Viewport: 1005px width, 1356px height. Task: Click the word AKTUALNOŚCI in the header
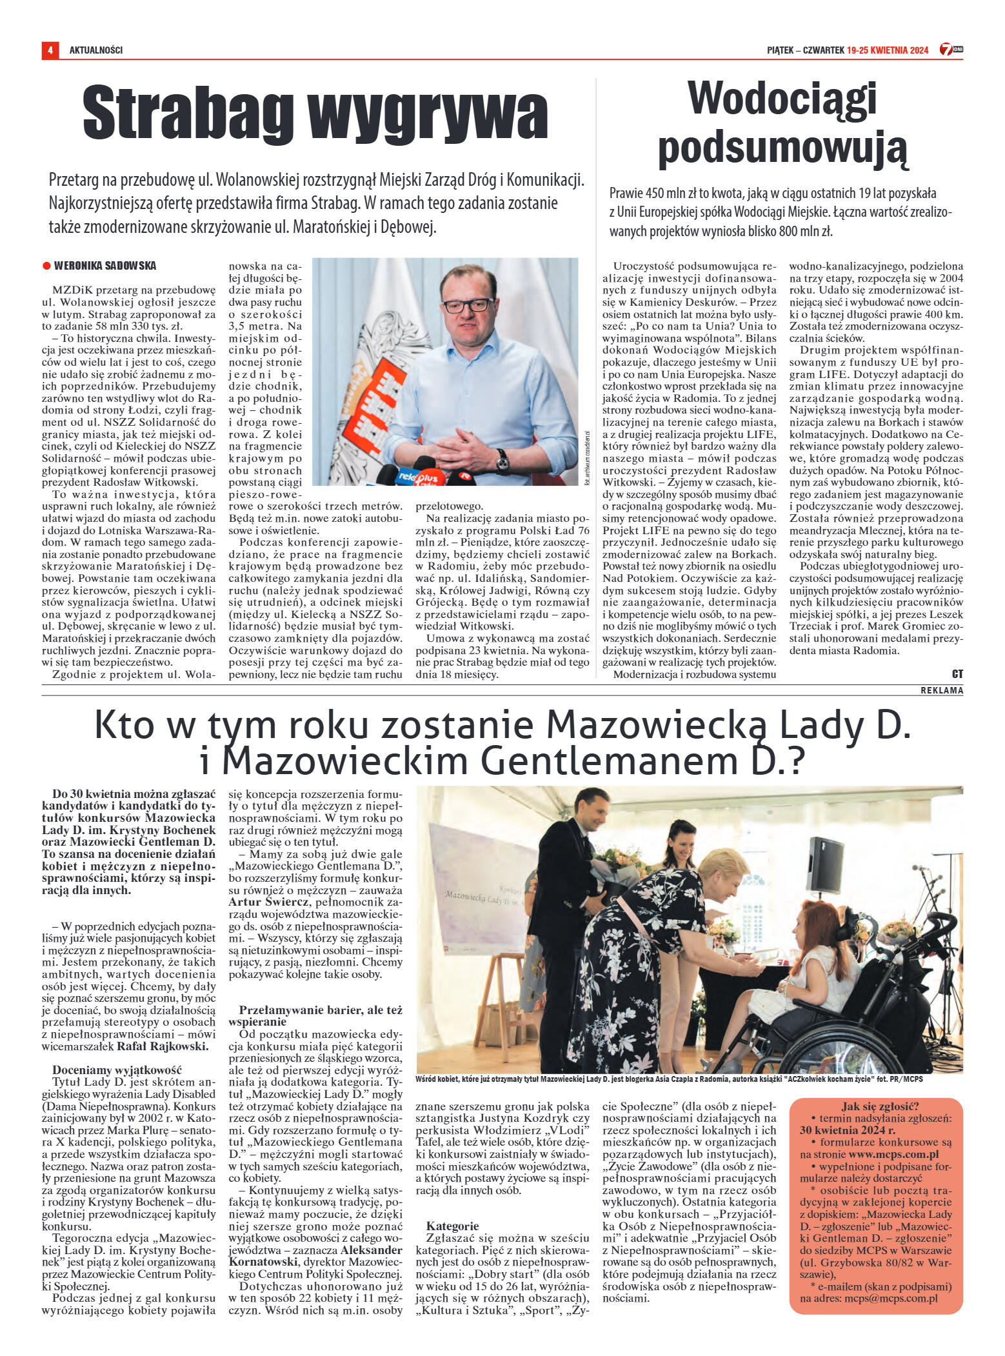tap(96, 50)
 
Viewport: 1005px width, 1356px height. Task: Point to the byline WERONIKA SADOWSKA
tap(105, 266)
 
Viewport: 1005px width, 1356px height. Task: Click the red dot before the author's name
tap(46, 266)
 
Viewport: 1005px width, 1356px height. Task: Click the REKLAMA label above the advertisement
tap(942, 690)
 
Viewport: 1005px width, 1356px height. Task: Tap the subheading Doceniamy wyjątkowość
tap(117, 1069)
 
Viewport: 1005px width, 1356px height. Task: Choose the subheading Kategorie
tap(452, 1226)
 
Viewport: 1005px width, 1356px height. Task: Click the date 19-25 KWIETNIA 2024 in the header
tap(888, 50)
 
